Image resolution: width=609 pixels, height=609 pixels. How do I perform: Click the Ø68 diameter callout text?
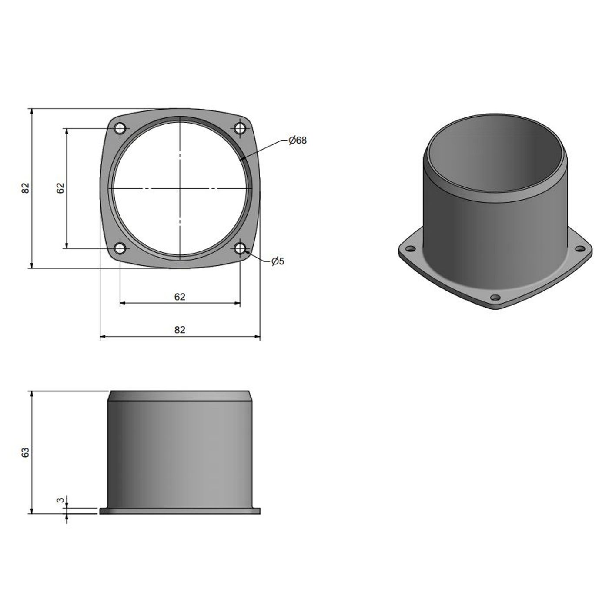[298, 140]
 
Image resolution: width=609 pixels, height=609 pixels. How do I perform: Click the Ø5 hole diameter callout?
[278, 261]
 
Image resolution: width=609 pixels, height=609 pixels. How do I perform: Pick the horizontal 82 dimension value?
[180, 330]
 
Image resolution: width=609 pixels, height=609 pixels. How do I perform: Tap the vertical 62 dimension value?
[60, 188]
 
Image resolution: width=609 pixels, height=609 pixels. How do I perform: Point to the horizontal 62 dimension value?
[180, 297]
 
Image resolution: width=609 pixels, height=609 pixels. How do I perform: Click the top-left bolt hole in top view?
[120, 128]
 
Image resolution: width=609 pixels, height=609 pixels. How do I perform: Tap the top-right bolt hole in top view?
[240, 128]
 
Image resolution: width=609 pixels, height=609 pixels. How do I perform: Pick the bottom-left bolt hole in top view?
[120, 248]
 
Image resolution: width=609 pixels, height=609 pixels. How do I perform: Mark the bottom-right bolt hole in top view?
[240, 248]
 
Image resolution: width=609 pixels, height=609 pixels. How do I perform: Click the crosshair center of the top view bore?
[180, 188]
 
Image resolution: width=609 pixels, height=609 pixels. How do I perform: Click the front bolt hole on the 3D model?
[495, 298]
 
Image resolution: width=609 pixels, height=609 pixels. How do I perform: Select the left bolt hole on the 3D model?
[410, 250]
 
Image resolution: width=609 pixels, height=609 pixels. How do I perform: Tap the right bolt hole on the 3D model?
[580, 249]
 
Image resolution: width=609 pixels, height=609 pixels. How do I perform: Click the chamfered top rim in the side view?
[180, 396]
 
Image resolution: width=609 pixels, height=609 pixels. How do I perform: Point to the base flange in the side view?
[180, 511]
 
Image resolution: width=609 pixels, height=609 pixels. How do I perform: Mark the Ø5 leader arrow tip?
[246, 251]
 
